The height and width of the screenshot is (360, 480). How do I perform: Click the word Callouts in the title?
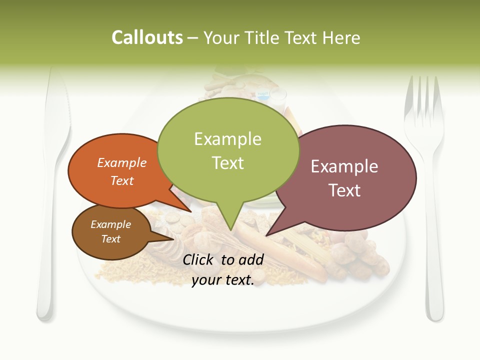point(147,38)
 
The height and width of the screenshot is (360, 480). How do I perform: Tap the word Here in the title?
point(342,38)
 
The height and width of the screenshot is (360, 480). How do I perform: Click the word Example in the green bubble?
point(228,139)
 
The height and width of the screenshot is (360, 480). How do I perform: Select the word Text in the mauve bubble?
point(344,190)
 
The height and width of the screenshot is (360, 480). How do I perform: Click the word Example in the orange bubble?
point(122,162)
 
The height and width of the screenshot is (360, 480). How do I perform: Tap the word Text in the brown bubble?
point(111,239)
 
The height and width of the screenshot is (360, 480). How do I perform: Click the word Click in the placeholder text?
point(199,259)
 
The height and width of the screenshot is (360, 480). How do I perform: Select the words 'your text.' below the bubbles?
point(223,280)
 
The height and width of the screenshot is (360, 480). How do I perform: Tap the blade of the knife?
point(55,125)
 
